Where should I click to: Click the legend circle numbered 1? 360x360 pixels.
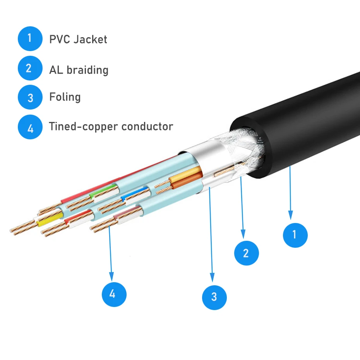(30, 38)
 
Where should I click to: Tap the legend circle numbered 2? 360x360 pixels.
(30, 68)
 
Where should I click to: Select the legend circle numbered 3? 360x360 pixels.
(30, 97)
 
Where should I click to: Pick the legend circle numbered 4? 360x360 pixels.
(30, 127)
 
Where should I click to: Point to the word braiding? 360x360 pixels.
(87, 70)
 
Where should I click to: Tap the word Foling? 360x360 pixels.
(65, 97)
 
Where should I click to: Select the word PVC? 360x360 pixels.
(59, 39)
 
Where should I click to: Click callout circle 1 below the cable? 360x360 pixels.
(295, 235)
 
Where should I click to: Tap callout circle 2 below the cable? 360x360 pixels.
(246, 253)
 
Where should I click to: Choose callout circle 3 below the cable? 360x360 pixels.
(214, 297)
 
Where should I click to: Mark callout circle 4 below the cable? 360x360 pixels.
(114, 294)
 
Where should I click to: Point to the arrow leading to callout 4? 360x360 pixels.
(111, 252)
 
